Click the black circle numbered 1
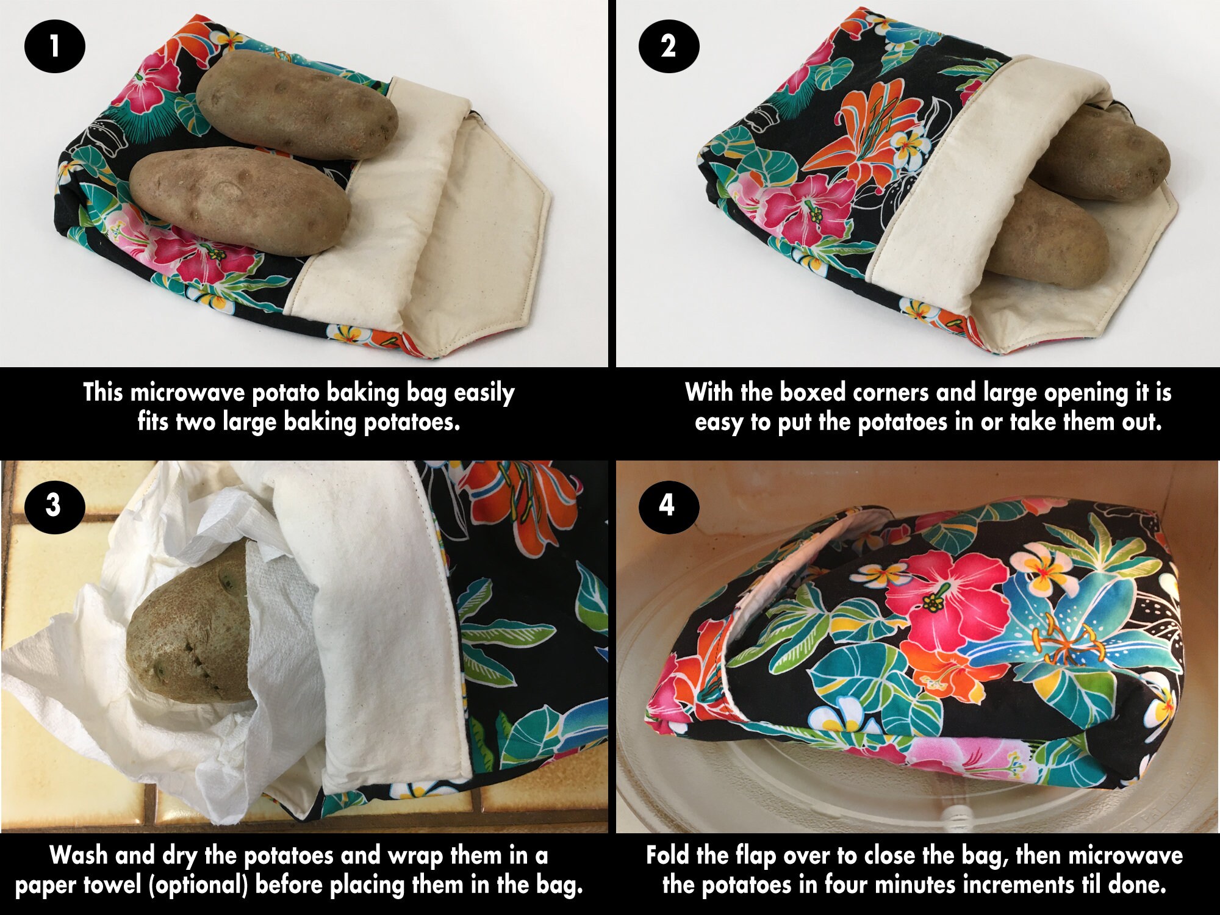(x=54, y=46)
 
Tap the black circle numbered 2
(x=668, y=46)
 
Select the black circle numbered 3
(x=54, y=505)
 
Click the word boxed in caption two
(x=814, y=392)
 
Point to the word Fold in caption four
(x=667, y=855)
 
